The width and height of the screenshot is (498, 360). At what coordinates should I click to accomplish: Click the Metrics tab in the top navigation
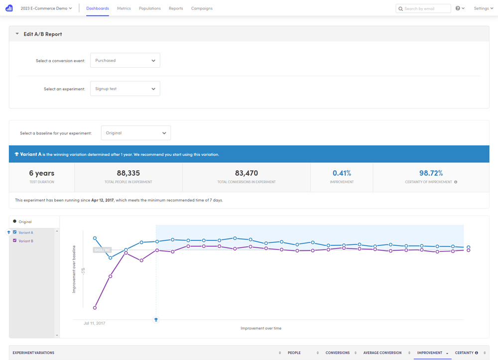124,8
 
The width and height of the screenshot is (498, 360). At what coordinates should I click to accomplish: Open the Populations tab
150,8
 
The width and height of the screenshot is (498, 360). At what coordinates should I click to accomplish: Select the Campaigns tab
202,8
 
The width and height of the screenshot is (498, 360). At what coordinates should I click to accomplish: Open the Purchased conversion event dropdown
125,61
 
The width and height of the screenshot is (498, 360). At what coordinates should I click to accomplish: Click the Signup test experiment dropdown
125,89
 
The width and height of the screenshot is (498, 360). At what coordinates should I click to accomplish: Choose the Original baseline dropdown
136,133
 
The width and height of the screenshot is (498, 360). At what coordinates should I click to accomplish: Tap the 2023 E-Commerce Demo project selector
46,8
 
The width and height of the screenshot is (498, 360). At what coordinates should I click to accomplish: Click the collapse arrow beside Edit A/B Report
17,34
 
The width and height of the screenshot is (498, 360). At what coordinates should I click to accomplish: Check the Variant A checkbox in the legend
15,233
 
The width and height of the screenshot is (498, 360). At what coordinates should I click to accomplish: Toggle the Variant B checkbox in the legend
15,241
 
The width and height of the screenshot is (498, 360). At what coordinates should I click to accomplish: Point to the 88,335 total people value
128,173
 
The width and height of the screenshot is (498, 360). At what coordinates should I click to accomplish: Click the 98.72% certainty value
431,173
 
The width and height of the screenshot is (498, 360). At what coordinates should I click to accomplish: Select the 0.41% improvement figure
342,173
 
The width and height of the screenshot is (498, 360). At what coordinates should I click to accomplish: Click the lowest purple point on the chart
95,308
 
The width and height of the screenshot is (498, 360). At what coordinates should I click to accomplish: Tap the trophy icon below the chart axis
156,320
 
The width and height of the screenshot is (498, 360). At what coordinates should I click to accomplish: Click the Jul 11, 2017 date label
94,323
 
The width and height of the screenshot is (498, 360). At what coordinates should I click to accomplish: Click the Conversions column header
337,353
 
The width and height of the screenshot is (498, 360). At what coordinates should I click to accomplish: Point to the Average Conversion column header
382,353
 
